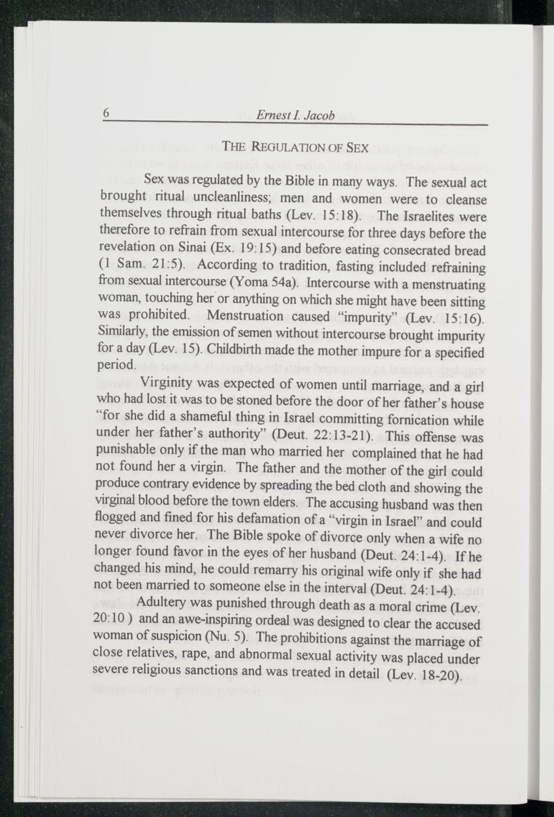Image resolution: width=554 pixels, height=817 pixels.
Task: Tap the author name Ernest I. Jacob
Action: click(295, 117)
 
